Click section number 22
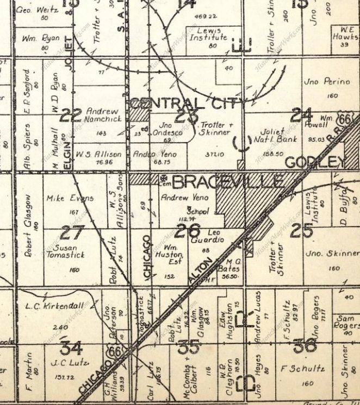tap(71, 115)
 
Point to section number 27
tap(71, 233)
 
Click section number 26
tap(187, 230)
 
